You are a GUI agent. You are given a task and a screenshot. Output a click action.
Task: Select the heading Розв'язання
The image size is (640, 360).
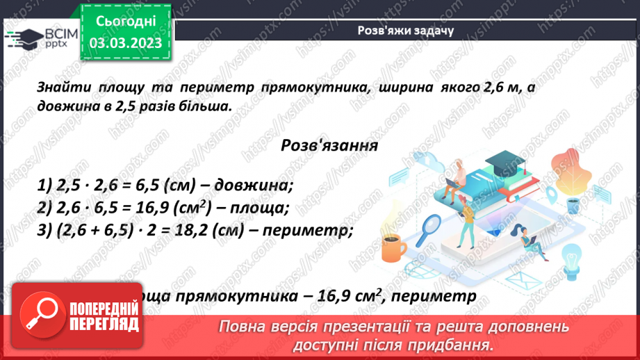(329, 146)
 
